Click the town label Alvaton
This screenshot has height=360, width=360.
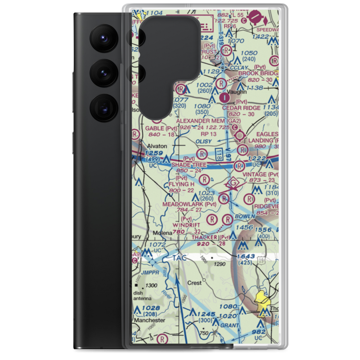[x=158, y=146]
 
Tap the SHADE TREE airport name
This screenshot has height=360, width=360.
[x=189, y=165]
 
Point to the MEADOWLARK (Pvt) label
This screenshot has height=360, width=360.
[x=189, y=204]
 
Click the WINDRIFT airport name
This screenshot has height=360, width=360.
[x=186, y=225]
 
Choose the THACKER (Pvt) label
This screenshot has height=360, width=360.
[x=211, y=237]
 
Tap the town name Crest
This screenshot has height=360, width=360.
[x=194, y=283]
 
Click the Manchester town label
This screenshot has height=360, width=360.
[x=149, y=320]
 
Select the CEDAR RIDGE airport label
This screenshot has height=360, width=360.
[x=241, y=108]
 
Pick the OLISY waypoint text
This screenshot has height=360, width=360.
[x=204, y=141]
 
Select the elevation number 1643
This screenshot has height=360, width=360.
[x=246, y=256]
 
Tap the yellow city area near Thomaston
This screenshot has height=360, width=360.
[x=263, y=299]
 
